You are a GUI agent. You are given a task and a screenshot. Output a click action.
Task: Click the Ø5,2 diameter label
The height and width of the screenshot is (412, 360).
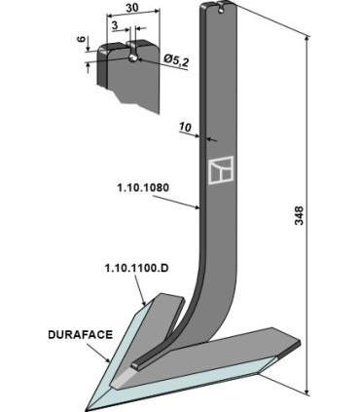175,60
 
